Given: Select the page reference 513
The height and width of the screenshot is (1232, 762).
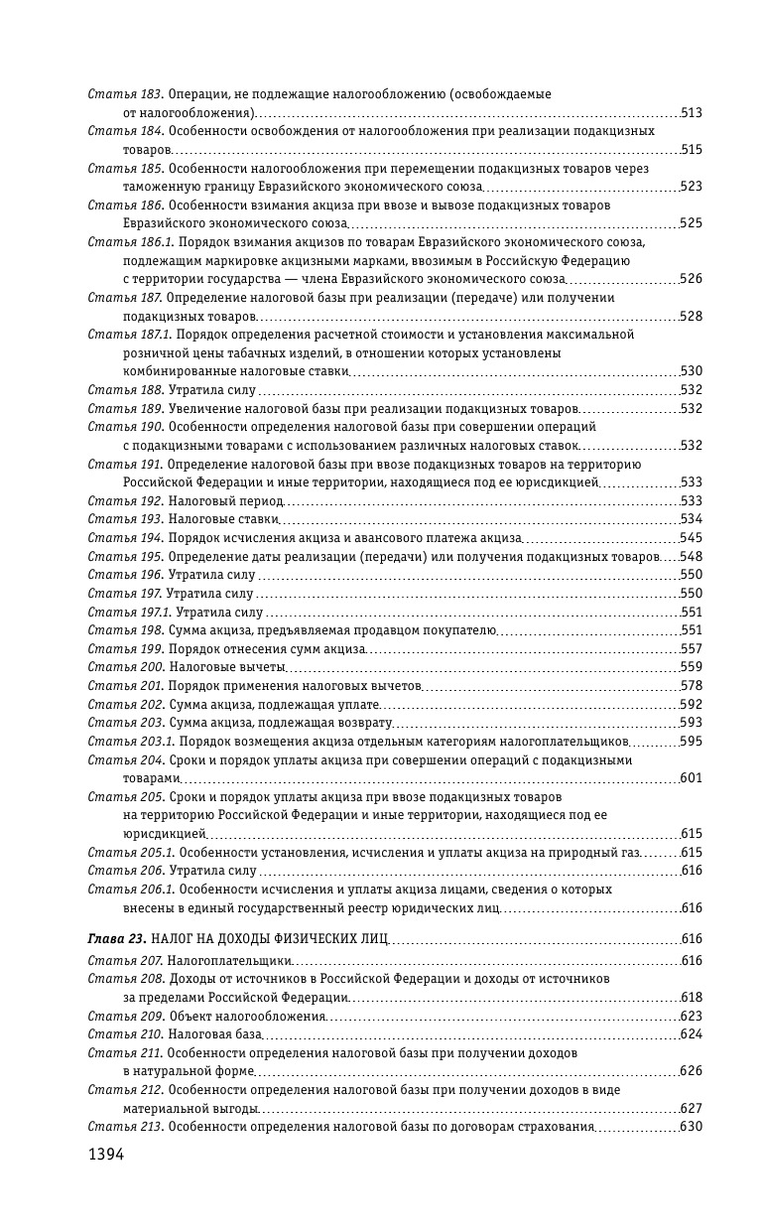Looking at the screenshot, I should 692,113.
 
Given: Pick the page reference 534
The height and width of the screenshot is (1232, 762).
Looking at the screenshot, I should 692,519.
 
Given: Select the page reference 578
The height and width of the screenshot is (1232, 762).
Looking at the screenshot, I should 692,686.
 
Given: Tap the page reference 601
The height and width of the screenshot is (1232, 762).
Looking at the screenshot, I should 692,778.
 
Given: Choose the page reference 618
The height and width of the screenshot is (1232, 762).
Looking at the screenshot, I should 692,998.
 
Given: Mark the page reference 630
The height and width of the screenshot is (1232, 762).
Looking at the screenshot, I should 692,1127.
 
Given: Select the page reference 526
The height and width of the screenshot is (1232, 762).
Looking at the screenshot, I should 692,279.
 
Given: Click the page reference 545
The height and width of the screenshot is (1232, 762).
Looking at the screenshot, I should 692,538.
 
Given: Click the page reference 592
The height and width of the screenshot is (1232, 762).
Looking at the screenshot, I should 692,705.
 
